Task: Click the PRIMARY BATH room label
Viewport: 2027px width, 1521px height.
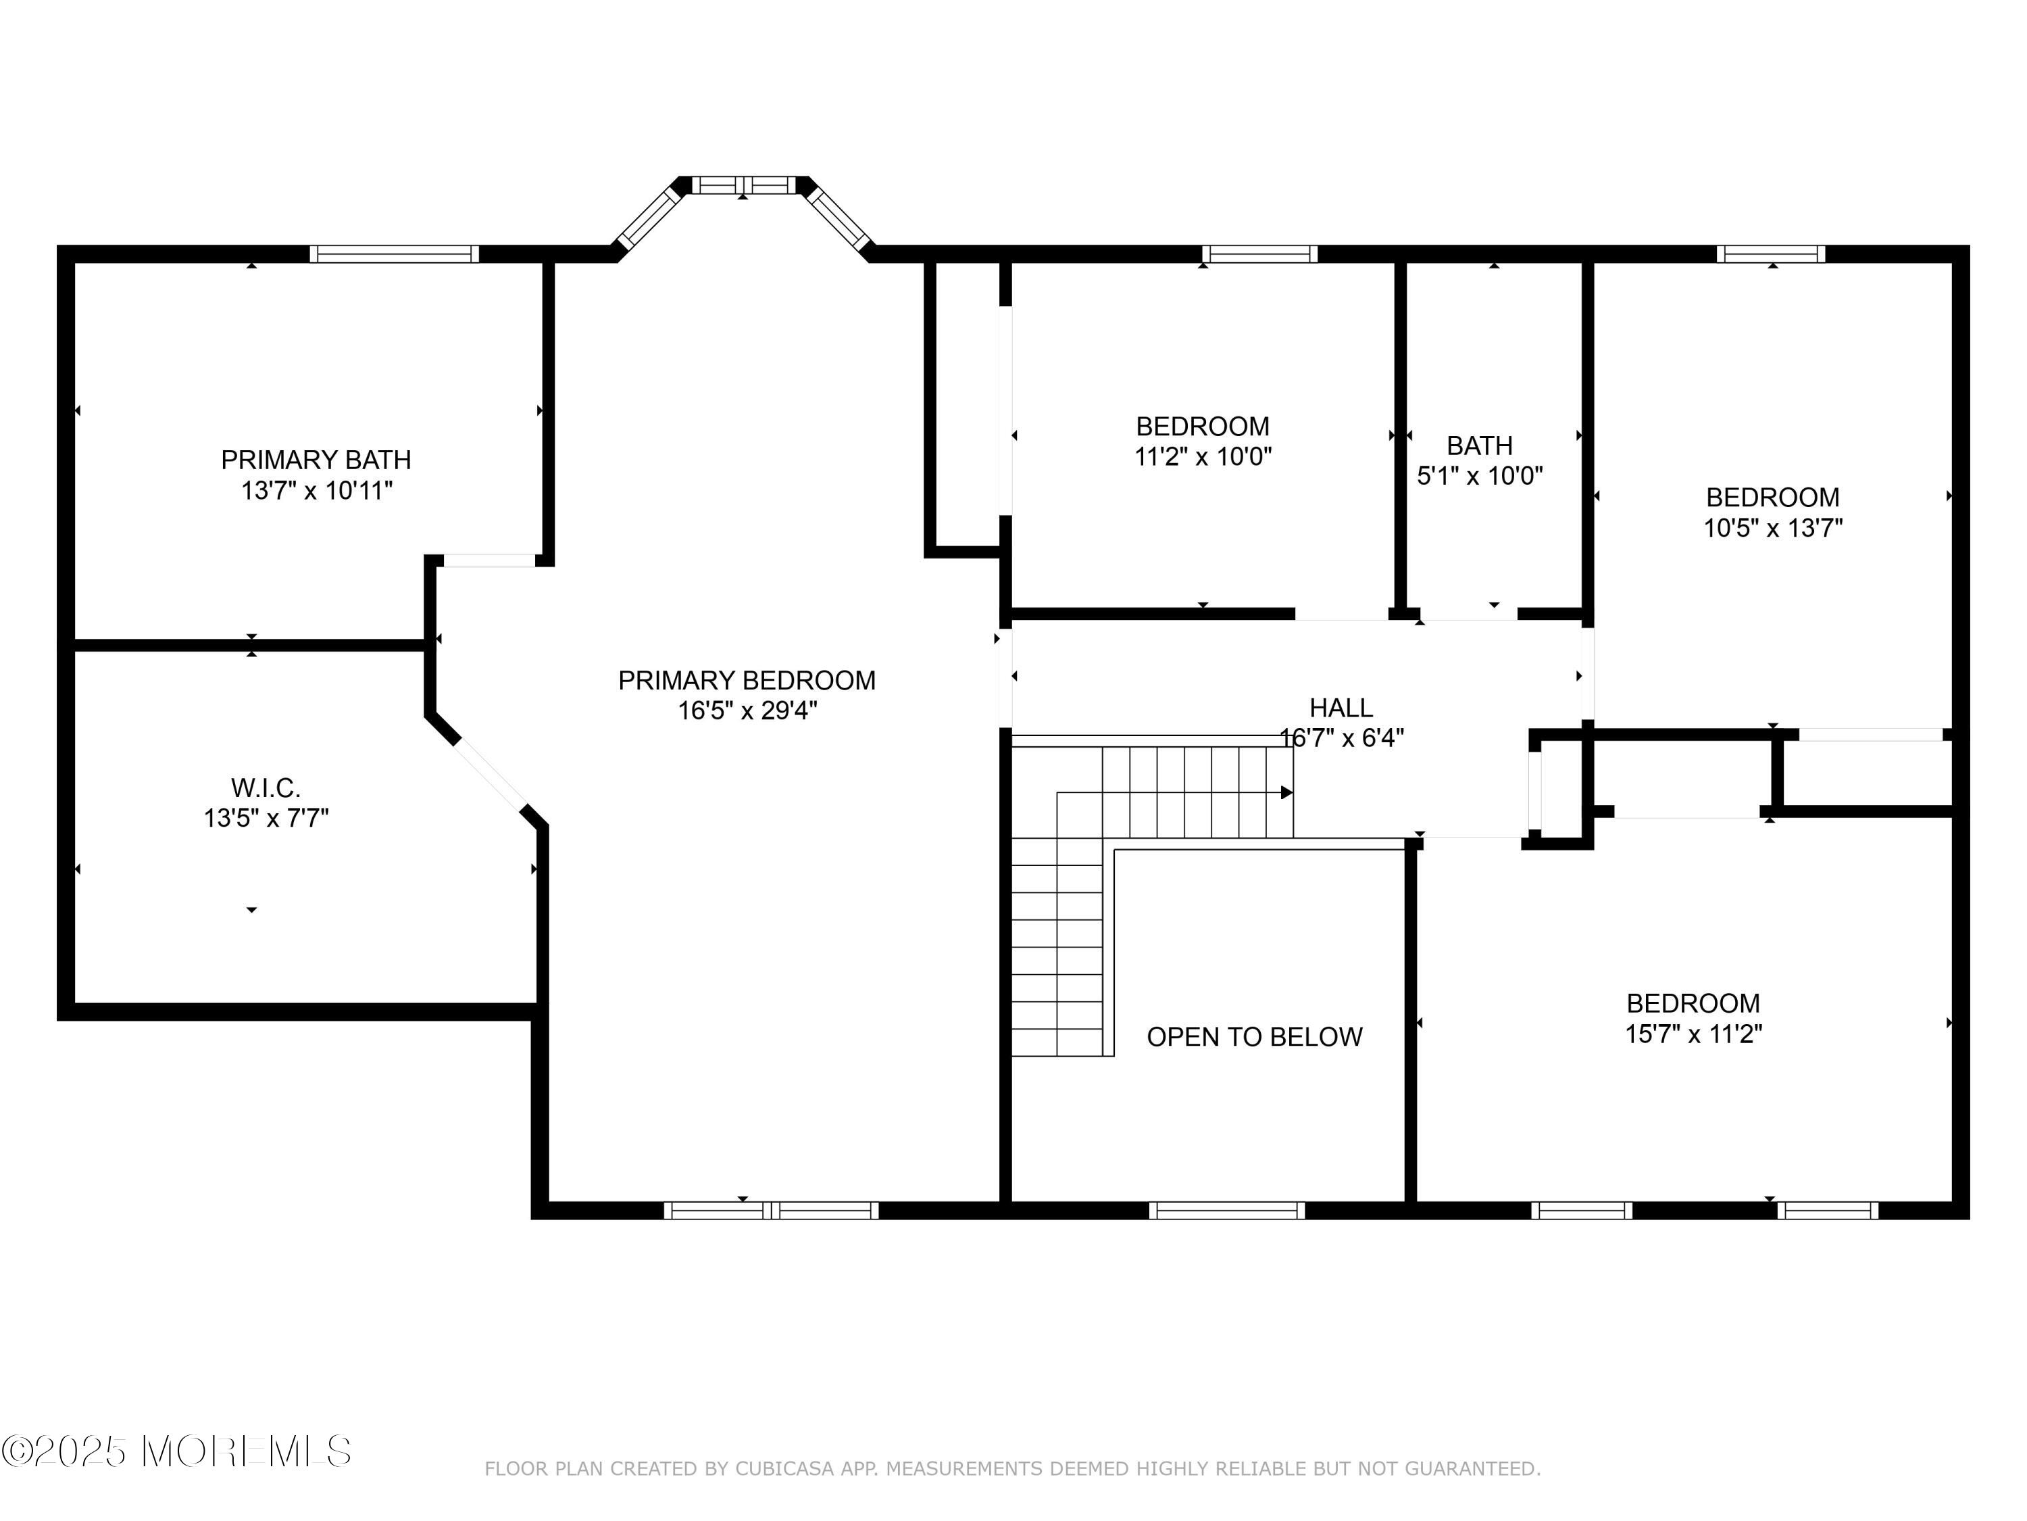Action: pos(316,459)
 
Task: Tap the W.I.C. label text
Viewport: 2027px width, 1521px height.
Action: pos(266,788)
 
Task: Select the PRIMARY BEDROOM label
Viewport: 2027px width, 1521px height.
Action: pos(747,680)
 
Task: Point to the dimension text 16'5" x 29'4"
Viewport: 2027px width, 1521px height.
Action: pos(747,710)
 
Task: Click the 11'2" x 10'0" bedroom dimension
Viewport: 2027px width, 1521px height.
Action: pos(1203,456)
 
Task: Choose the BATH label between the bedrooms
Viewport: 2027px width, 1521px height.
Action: pos(1480,445)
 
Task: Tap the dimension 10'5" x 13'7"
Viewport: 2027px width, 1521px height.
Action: pos(1773,528)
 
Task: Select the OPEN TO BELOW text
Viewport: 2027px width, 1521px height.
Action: pos(1255,1037)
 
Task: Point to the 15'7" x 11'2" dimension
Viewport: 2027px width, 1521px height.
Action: pos(1693,1034)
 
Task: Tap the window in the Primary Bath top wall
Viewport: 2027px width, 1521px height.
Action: pos(394,254)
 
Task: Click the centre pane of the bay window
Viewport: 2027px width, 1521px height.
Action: pos(743,185)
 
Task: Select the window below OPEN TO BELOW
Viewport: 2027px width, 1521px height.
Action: pos(1227,1210)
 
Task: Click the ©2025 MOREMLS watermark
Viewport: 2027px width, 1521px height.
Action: pos(176,1451)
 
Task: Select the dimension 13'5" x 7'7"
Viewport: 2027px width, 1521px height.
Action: pos(266,818)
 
